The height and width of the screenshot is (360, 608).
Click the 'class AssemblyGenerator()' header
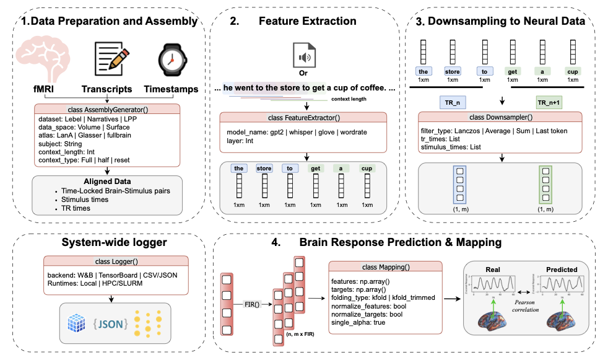108,108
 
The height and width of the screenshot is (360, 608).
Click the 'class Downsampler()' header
502,117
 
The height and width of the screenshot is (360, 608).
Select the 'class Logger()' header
108,261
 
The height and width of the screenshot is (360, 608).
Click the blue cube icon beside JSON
76,323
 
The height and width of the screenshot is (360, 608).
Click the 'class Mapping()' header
386,267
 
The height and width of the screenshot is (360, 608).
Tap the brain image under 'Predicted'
562,327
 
